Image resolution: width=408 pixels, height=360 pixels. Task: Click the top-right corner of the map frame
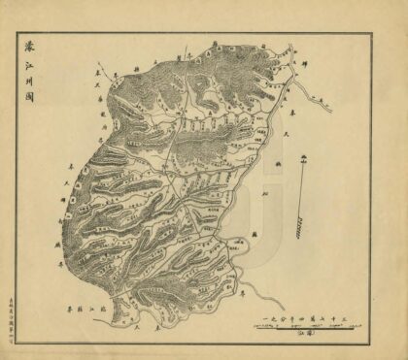pos(371,35)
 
